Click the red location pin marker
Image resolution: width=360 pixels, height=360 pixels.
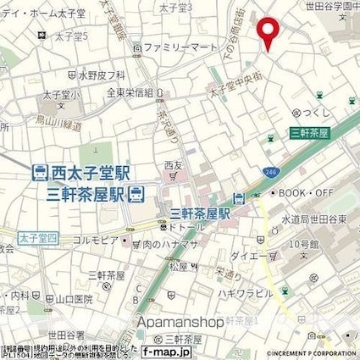[269, 32]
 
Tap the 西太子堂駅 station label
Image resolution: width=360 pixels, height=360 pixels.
[89, 173]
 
